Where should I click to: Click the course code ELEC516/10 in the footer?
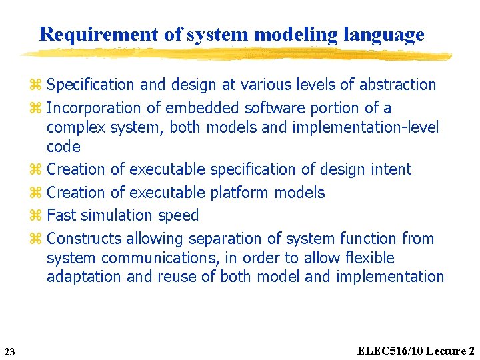click(x=389, y=351)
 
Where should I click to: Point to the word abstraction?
click(x=397, y=85)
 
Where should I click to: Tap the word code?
click(x=63, y=147)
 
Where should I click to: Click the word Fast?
click(x=62, y=215)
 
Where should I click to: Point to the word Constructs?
click(x=85, y=239)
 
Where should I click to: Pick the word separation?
click(x=227, y=239)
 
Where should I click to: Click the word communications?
click(x=141, y=258)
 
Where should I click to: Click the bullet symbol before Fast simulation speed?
click(x=36, y=215)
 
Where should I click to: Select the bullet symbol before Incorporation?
click(x=36, y=108)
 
